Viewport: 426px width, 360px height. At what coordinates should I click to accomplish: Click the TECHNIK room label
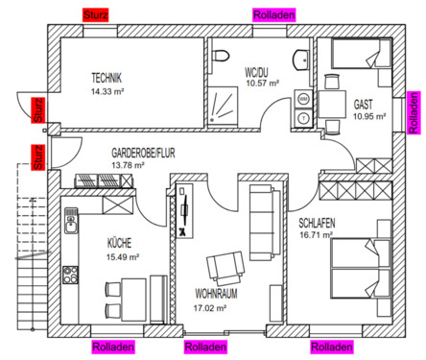tap(106, 78)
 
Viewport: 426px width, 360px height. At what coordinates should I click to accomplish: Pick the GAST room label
tap(364, 104)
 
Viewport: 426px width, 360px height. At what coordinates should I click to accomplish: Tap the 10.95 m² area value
tap(368, 116)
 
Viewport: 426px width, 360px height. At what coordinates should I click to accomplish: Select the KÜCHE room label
tap(120, 244)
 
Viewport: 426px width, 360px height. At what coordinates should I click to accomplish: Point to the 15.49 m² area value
tap(123, 257)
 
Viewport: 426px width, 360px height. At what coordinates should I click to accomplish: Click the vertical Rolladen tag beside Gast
tap(414, 112)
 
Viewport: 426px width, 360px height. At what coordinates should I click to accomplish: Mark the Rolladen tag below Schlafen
tap(332, 347)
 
